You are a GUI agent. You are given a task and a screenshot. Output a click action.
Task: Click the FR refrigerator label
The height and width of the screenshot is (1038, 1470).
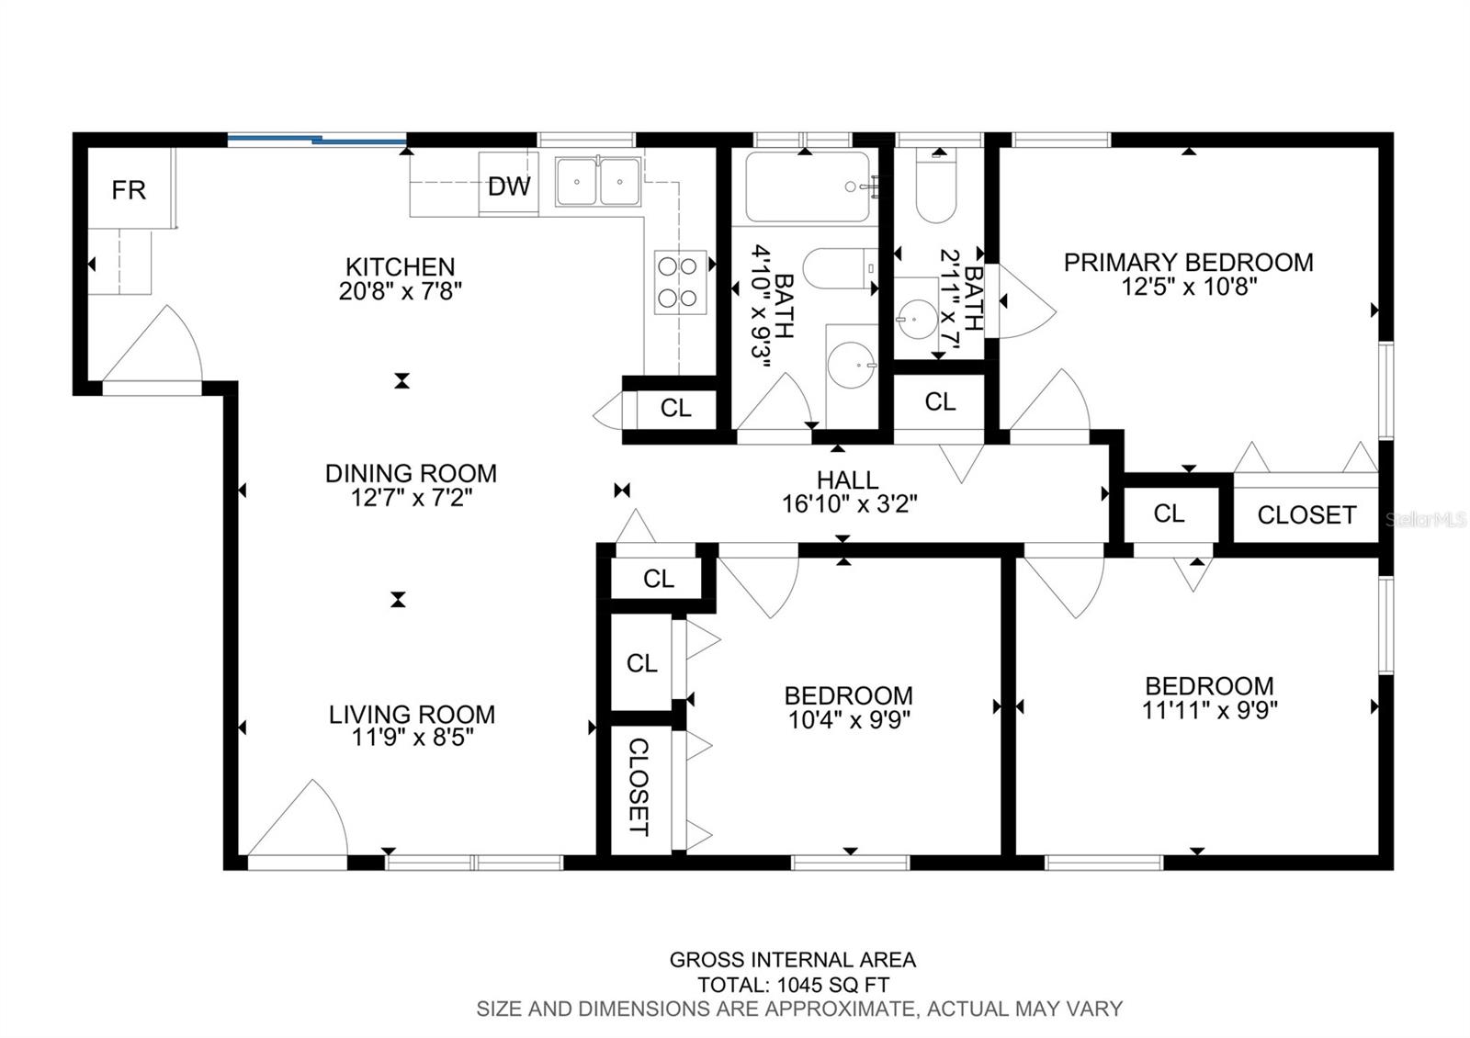click(x=129, y=190)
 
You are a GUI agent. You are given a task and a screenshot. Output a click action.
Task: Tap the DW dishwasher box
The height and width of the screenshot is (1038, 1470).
click(x=509, y=184)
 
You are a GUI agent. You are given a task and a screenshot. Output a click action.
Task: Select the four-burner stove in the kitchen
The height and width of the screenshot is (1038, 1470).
click(x=680, y=282)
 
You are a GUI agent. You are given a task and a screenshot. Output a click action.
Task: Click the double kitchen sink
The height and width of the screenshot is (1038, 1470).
click(x=598, y=181)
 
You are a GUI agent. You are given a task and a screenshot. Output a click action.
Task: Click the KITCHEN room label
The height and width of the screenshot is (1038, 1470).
click(x=401, y=267)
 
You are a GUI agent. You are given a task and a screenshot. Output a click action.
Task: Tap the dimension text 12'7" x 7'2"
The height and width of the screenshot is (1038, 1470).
click(x=412, y=498)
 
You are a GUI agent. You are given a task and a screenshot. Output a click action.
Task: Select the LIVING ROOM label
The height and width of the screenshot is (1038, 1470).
click(x=413, y=715)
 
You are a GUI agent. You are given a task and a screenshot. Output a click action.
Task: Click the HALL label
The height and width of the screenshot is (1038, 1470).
click(x=848, y=480)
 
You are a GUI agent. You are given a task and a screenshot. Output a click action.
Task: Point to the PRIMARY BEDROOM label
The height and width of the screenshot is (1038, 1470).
click(x=1189, y=263)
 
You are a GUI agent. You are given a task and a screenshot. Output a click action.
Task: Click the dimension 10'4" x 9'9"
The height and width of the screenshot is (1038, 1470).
click(x=849, y=720)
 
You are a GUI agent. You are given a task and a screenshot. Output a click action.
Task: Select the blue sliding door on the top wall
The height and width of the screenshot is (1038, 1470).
click(x=317, y=139)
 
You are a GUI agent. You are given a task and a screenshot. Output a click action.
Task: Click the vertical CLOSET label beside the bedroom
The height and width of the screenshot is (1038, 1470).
click(x=639, y=786)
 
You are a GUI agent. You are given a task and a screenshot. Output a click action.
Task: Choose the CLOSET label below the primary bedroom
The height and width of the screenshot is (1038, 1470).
click(x=1306, y=515)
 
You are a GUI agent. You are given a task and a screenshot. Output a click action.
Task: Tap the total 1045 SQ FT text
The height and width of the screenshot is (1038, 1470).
click(x=794, y=985)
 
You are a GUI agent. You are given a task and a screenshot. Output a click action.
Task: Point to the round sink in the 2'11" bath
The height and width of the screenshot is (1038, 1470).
click(x=918, y=320)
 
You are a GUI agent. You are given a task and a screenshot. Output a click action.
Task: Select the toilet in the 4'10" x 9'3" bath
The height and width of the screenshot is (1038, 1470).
click(x=841, y=268)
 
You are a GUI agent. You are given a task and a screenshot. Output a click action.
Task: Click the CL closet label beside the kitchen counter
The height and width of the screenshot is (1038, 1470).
click(x=676, y=408)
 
